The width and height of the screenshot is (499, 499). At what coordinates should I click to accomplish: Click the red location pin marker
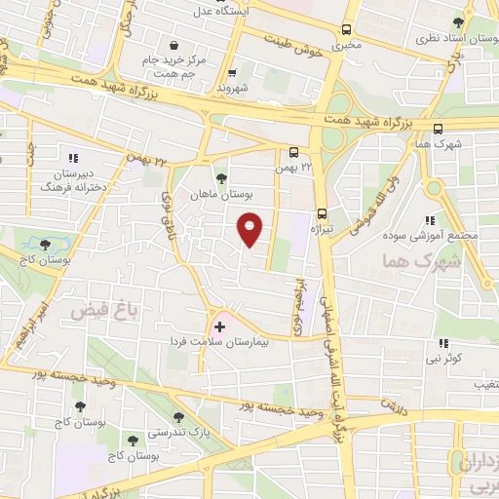tap(251, 230)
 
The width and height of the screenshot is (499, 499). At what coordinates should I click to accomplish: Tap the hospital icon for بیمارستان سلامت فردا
tap(219, 326)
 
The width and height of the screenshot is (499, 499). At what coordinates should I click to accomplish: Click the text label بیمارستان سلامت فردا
tap(256, 343)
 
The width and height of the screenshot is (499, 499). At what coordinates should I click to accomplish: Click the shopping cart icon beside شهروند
tap(231, 72)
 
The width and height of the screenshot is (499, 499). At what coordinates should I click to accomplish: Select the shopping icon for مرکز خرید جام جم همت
tap(173, 44)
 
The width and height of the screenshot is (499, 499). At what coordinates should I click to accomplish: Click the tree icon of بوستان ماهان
tap(222, 177)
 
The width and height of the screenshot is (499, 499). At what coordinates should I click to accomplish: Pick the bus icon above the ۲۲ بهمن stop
tap(293, 151)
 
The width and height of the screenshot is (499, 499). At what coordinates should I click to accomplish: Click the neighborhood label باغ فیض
tap(94, 310)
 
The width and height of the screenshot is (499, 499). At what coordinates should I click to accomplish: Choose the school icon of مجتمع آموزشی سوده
tap(430, 220)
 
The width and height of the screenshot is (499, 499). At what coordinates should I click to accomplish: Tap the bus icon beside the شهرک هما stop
tap(439, 128)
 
